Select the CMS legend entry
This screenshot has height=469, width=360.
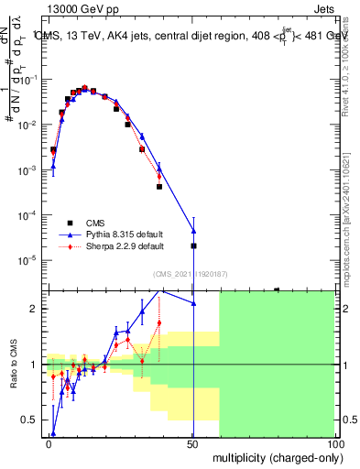coord(96,223)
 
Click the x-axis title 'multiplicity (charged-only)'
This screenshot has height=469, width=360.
coord(266,455)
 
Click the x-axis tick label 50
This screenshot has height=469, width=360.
coord(192,442)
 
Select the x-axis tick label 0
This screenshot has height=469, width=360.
coord(49,442)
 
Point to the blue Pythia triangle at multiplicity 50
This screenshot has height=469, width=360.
coord(193,231)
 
